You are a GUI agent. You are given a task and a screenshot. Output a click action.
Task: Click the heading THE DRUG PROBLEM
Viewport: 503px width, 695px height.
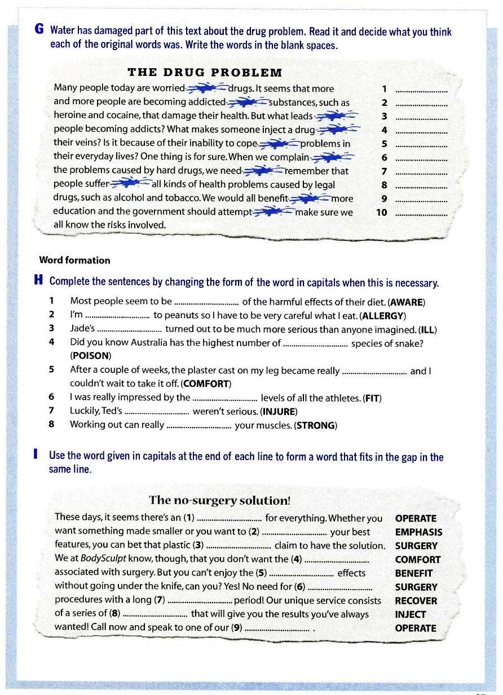tap(205, 73)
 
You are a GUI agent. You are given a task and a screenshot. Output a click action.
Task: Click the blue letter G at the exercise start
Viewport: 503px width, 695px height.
tap(40, 30)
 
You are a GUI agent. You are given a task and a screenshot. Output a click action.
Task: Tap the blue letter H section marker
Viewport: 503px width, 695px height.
tap(39, 281)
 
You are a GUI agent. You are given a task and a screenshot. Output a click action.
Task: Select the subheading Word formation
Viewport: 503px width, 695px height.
tap(74, 260)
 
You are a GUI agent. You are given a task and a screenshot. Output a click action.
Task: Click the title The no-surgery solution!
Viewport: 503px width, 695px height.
tap(220, 500)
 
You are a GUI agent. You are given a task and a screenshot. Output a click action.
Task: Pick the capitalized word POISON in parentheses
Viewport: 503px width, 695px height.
tap(91, 356)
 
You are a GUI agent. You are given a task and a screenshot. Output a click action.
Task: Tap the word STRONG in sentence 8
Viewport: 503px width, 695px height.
tap(316, 425)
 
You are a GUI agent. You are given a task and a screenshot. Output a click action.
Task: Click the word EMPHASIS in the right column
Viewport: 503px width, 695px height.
tap(418, 532)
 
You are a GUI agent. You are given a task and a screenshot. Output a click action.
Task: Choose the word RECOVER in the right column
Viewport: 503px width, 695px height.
tap(416, 601)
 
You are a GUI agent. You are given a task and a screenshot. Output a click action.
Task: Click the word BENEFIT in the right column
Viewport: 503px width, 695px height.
tap(414, 573)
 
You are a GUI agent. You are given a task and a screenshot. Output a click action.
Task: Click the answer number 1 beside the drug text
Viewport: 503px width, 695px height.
tap(384, 89)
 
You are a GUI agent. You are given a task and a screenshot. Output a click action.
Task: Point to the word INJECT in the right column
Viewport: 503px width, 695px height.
tap(411, 614)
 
